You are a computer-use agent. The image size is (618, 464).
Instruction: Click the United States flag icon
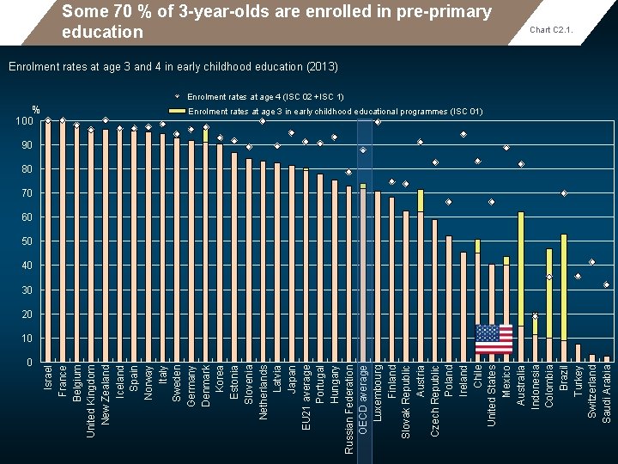pos(494,339)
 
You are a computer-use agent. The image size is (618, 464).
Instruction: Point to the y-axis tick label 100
pos(23,121)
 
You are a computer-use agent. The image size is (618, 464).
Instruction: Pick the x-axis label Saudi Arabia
pos(607,391)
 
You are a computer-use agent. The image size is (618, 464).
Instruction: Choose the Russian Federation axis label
pos(349,409)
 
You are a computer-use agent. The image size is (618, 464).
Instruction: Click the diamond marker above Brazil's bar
pos(564,193)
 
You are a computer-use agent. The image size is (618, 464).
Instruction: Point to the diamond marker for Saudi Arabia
pos(607,284)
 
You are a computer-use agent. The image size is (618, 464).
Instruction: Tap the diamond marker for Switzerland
pos(592,261)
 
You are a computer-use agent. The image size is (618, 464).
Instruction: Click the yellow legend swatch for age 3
pos(177,111)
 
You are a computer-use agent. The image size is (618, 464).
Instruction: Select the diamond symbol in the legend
pos(177,96)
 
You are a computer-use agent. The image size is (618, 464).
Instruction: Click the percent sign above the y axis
pos(36,109)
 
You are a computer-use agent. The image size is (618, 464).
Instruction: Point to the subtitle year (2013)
pos(321,66)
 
